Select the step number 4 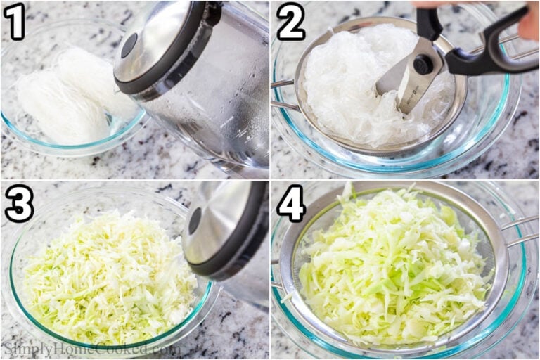(290, 204)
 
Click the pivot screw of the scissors (423, 64)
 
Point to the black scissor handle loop (492, 49)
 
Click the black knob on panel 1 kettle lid (129, 45)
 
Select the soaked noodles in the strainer (345, 84)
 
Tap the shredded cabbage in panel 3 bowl (105, 281)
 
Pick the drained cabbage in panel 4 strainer (394, 267)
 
